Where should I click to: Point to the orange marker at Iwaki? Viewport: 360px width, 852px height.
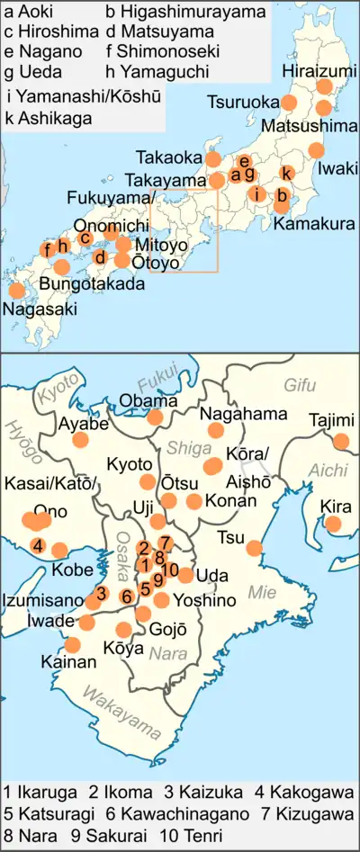[x=316, y=150]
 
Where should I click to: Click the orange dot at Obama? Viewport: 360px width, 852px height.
[x=155, y=417]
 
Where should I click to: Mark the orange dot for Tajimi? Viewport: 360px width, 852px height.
[x=340, y=441]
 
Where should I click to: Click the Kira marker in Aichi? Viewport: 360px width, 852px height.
[x=334, y=525]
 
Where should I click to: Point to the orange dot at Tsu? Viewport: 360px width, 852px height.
[x=254, y=547]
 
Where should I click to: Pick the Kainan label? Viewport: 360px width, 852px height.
[x=67, y=662]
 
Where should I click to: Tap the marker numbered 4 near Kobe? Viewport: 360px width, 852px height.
[x=38, y=545]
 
